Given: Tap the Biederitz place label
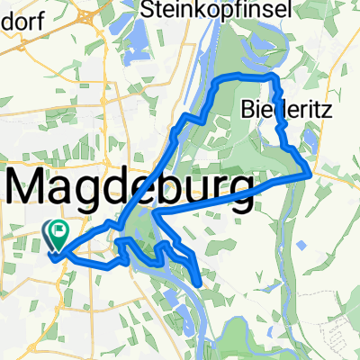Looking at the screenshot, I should [274, 110].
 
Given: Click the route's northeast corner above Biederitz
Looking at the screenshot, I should [272, 80].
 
